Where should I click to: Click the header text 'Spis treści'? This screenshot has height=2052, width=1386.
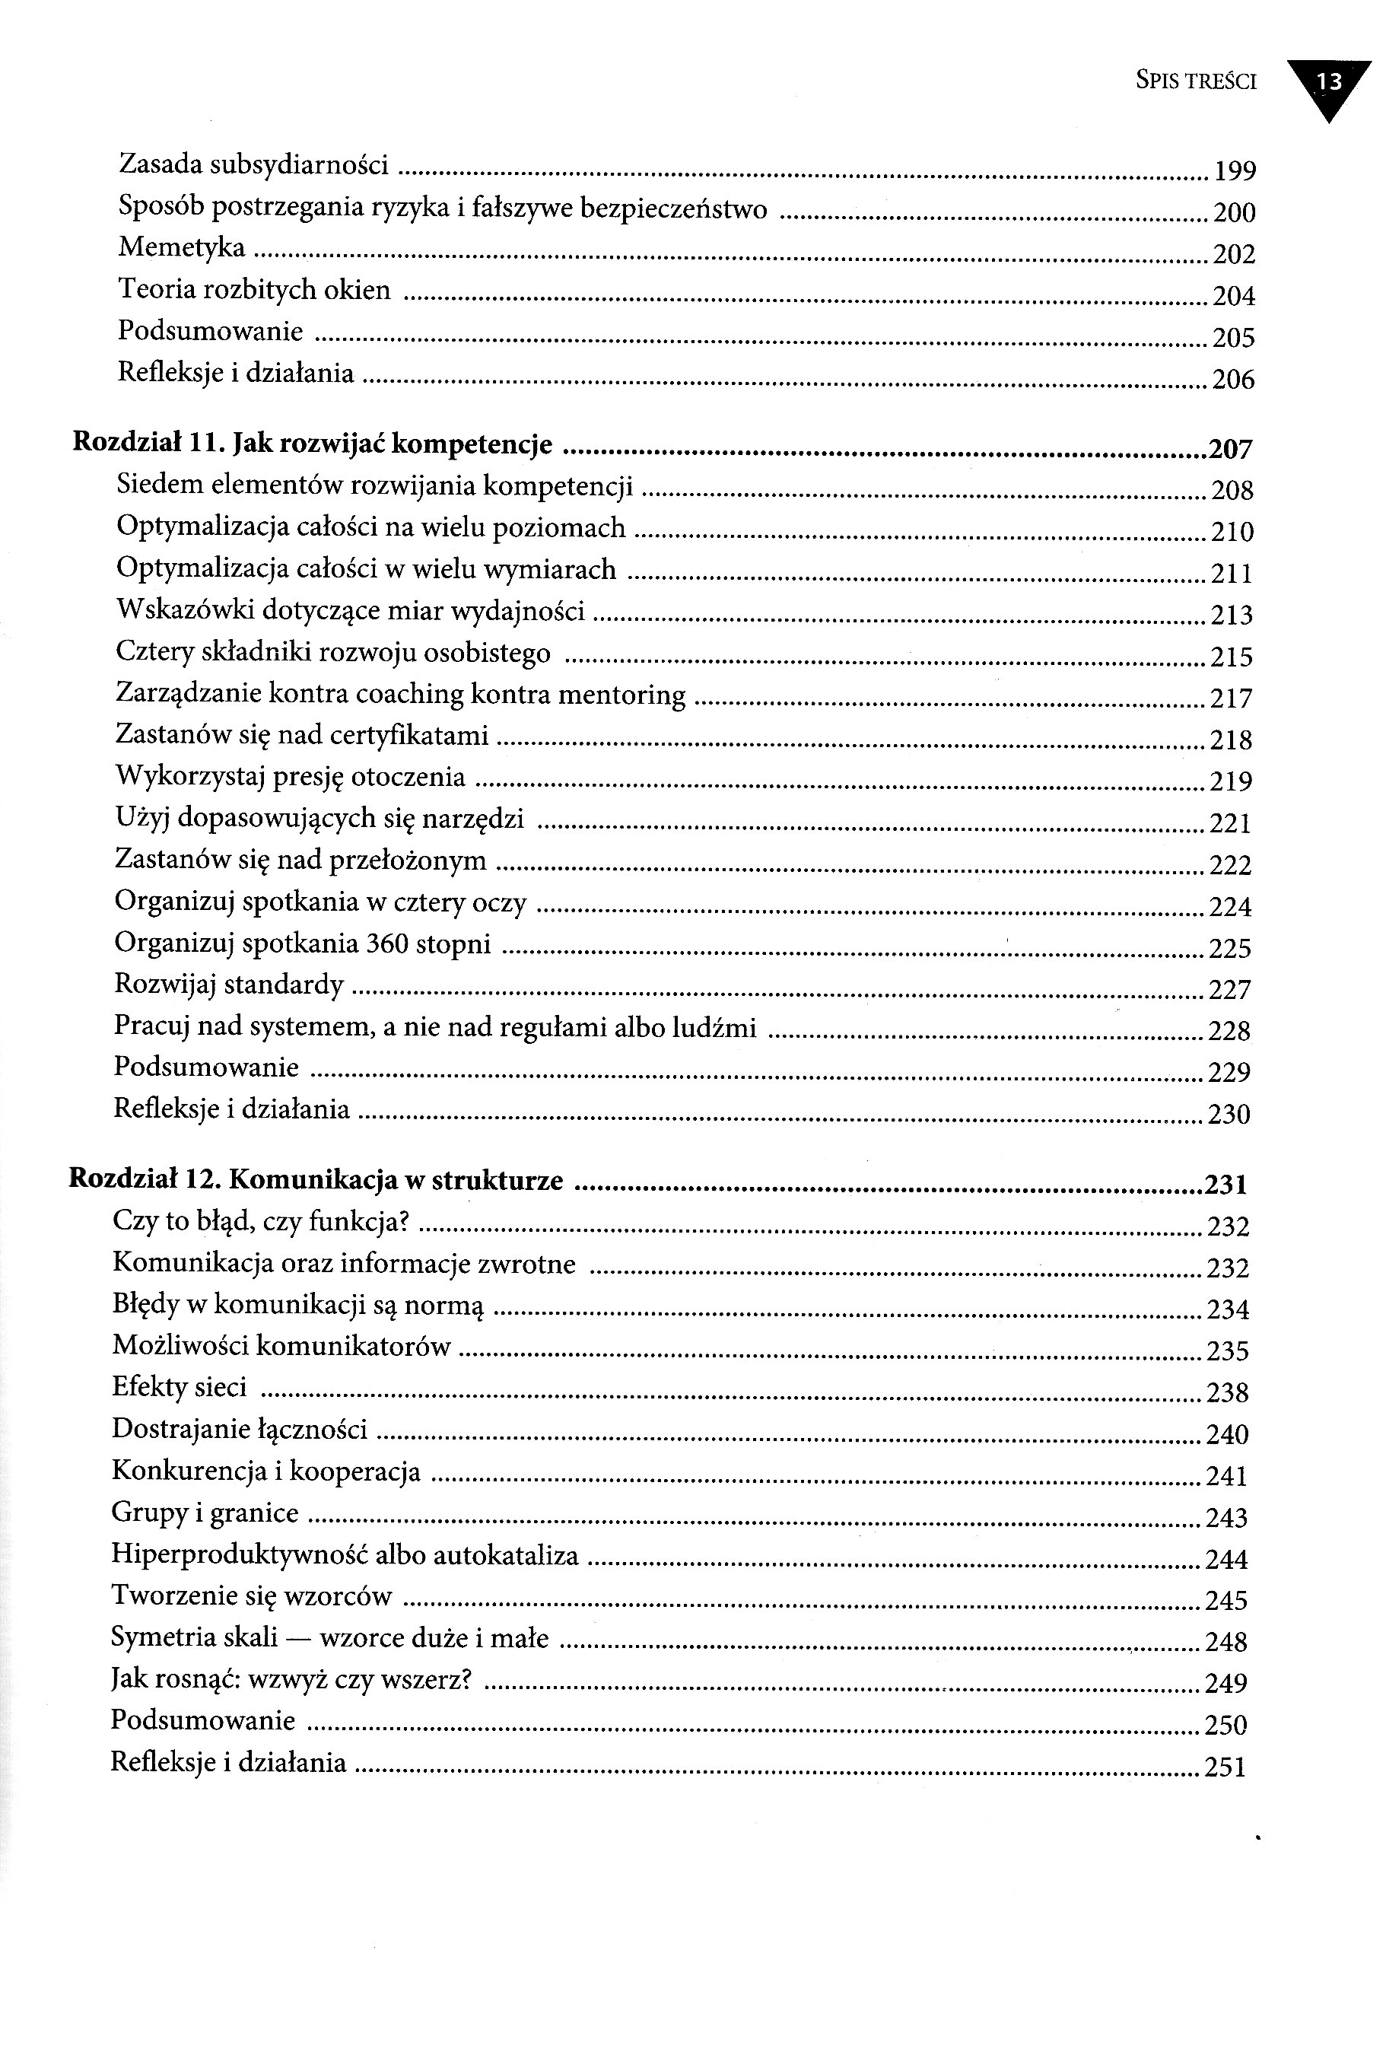1195,82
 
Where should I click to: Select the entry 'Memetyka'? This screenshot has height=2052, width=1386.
182,248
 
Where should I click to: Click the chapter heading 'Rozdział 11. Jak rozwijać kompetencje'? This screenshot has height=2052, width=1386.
313,444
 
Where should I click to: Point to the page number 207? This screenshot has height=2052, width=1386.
1230,450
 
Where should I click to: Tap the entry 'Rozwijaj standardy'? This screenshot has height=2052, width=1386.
229,985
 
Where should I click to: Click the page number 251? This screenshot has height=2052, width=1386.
1225,1767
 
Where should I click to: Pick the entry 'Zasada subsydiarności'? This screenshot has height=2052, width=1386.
253,164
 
